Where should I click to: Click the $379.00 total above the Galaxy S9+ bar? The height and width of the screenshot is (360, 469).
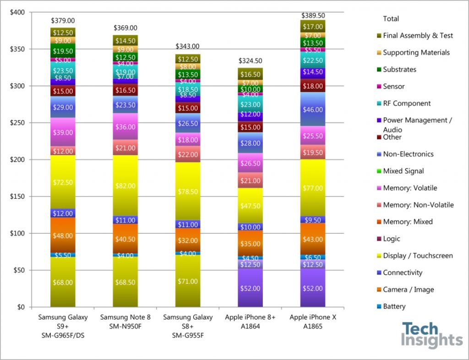[x=63, y=21]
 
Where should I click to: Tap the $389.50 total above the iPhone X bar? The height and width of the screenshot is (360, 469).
[x=313, y=14]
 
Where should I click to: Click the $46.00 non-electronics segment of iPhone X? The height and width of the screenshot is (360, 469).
[x=313, y=110]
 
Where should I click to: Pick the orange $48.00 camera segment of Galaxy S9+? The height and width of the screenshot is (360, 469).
[x=63, y=235]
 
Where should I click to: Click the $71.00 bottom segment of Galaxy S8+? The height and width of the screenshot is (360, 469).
[x=188, y=281]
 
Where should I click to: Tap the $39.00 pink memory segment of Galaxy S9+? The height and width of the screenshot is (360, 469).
[x=63, y=132]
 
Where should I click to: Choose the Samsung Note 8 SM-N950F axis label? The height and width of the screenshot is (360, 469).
[x=125, y=322]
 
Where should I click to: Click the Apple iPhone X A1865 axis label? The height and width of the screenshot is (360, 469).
[x=313, y=322]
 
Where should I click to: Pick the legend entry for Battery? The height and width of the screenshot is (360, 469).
[x=394, y=306]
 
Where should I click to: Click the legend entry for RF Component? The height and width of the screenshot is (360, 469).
[x=406, y=103]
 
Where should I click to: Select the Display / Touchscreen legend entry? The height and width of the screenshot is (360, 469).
[x=417, y=256]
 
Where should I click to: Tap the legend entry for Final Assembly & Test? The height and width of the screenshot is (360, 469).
[x=418, y=35]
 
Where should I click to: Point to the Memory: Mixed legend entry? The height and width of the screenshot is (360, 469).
[x=407, y=222]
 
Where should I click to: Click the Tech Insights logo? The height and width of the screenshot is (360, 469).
[x=431, y=335]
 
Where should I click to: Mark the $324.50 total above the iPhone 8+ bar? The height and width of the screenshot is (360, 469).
[x=251, y=61]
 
